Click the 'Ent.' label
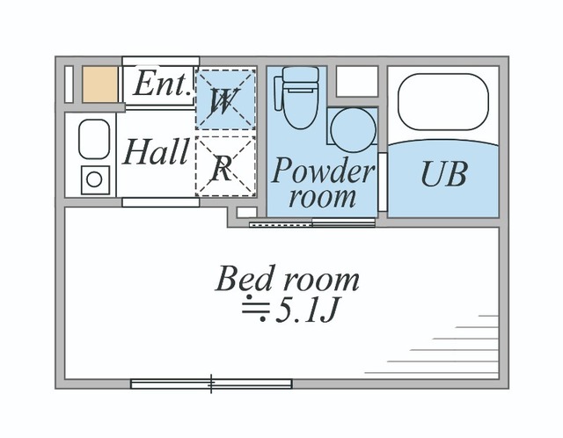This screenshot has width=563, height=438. click(163, 85)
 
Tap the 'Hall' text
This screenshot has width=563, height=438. click(156, 152)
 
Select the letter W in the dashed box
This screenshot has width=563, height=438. click(223, 102)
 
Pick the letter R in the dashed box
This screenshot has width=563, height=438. click(223, 167)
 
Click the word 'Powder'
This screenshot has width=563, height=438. click(322, 170)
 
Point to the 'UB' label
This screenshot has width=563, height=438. click(442, 174)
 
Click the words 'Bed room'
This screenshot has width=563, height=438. click(288, 279)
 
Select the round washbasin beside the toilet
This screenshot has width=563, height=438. click(353, 128)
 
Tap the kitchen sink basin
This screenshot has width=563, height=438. click(92, 139)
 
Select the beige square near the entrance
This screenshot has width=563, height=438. click(99, 84)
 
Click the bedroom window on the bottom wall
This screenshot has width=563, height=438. click(211, 383)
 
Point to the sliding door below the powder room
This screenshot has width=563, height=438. click(312, 223)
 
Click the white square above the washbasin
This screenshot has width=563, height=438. click(356, 82)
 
